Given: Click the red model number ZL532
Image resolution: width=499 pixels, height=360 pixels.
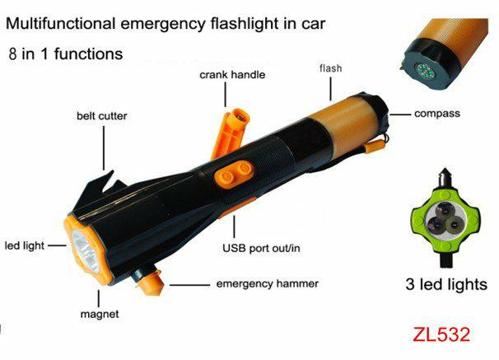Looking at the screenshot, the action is [x=441, y=334].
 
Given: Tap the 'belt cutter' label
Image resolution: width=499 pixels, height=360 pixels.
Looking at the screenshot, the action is [x=101, y=116].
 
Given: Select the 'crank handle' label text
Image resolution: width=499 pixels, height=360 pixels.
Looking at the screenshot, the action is [x=232, y=75].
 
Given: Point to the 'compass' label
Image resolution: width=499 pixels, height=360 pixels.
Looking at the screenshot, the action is [x=437, y=114].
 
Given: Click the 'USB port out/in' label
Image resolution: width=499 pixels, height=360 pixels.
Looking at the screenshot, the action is [x=261, y=248].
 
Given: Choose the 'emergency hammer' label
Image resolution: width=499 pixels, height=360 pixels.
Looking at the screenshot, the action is [x=267, y=283].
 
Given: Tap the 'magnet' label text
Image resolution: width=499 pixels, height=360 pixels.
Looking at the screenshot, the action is [x=100, y=314].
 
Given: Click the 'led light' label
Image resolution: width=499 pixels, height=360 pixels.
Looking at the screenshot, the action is [x=25, y=245].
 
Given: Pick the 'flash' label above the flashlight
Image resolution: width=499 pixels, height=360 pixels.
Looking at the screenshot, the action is [x=331, y=68].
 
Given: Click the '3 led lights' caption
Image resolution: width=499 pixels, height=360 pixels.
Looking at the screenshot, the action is [x=446, y=284].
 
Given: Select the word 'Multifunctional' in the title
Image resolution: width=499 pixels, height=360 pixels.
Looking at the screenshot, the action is [x=60, y=24].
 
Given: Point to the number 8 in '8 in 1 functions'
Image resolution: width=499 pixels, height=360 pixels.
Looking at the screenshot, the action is [x=12, y=54].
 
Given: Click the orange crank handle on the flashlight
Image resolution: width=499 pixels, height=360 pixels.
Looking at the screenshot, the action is [x=231, y=133].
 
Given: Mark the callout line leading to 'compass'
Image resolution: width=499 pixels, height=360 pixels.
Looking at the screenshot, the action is [x=400, y=115].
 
